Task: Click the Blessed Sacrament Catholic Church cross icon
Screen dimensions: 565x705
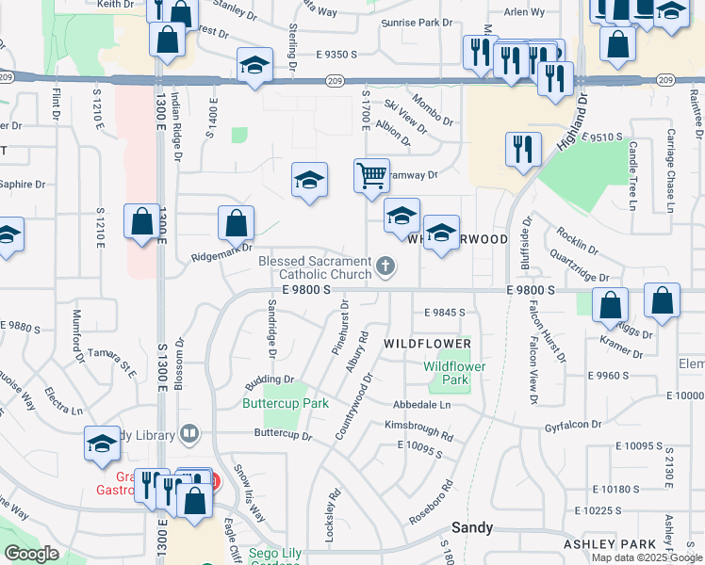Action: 385,268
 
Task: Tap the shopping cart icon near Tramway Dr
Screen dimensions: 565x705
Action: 371,175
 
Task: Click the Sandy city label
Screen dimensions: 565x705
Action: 473,527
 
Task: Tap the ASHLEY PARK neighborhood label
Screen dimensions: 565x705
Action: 609,544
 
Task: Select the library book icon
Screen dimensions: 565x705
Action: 189,434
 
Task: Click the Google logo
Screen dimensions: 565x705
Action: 31,553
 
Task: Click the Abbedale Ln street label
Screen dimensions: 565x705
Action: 422,404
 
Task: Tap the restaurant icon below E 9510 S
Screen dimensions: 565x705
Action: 522,149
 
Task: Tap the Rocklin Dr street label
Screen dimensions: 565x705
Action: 578,240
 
